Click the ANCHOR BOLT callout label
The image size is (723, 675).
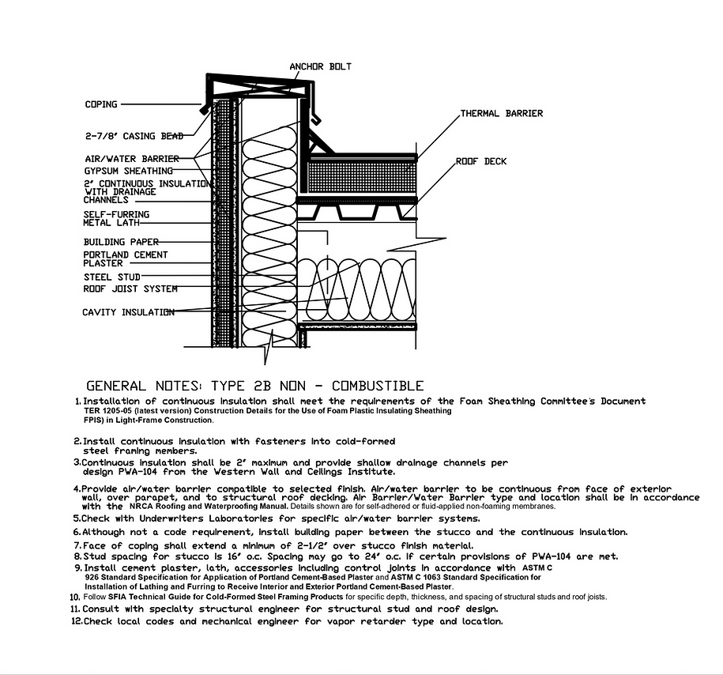tap(320, 66)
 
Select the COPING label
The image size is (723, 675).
tap(101, 104)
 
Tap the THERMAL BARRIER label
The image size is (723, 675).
tap(502, 114)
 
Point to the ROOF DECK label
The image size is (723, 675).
tap(481, 161)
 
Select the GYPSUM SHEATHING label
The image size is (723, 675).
tap(129, 171)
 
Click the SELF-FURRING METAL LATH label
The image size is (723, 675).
tap(116, 218)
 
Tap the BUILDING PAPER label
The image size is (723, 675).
tap(121, 242)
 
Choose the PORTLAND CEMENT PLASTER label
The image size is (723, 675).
tap(125, 258)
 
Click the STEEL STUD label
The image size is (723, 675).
tap(112, 277)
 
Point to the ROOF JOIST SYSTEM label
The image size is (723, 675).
tap(130, 289)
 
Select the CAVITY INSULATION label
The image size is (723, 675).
tap(128, 312)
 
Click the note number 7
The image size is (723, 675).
tap(77, 546)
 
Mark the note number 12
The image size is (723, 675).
tap(76, 622)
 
